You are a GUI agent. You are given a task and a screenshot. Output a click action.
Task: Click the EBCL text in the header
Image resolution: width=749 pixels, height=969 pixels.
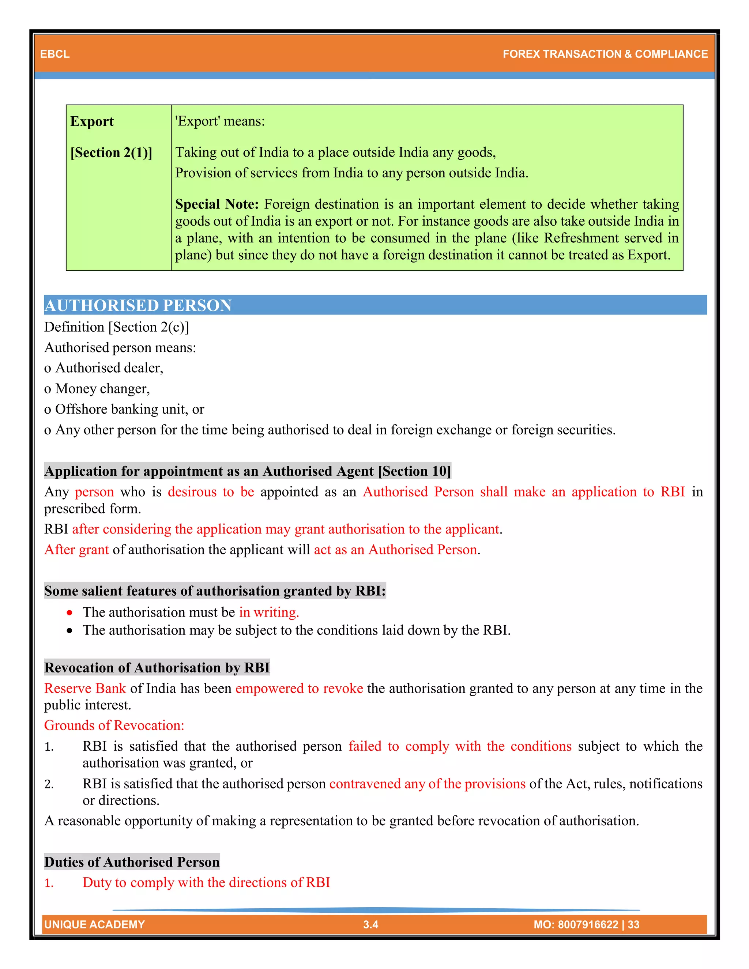coord(54,54)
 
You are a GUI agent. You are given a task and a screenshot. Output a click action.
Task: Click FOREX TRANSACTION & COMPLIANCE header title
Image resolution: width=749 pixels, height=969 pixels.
coord(605,54)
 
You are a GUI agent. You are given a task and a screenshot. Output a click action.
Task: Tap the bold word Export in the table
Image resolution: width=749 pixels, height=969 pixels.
coord(92,121)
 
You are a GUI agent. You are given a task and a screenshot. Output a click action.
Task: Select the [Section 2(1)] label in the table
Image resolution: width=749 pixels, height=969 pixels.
coord(111,152)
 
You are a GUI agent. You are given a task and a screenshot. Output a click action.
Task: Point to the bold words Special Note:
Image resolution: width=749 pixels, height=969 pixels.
coord(217,204)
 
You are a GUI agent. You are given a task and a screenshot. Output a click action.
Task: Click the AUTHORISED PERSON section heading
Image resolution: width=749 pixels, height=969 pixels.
coord(138,305)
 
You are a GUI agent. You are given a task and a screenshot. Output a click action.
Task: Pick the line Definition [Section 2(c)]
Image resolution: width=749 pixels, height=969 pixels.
coord(117,327)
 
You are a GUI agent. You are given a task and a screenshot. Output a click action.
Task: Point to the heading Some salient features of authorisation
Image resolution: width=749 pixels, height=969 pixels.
coord(215,591)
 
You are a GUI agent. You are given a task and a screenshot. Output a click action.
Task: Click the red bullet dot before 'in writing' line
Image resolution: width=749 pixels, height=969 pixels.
coord(69,613)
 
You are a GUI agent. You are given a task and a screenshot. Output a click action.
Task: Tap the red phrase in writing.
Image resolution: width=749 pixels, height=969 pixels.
coord(269,612)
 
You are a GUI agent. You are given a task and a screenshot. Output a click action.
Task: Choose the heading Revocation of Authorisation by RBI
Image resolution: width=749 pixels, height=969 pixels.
coord(157,667)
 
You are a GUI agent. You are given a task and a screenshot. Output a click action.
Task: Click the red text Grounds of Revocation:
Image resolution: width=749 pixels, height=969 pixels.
coord(114,725)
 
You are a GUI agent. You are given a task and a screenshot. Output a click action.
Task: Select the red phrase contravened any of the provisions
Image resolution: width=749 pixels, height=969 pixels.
coord(427,784)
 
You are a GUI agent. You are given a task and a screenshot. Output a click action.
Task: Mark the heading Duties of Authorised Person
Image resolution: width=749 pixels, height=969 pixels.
coord(132,861)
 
